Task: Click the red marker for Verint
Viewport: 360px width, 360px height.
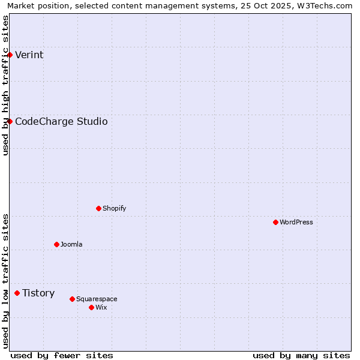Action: coord(10,55)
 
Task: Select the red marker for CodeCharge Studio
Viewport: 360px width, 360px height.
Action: coord(10,121)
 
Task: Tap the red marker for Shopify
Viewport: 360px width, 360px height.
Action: coord(98,208)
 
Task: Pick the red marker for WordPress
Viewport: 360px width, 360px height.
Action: coord(275,222)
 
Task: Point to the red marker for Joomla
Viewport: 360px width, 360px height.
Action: coord(56,244)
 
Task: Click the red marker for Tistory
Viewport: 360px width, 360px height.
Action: coord(17,293)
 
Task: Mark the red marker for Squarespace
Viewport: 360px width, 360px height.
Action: coord(72,299)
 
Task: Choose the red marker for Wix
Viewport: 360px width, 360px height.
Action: coord(91,307)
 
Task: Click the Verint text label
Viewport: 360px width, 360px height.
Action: coord(29,55)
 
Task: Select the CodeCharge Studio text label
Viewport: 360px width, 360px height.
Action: coord(61,122)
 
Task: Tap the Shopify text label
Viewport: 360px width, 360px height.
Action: coord(114,209)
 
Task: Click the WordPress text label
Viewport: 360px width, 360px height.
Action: coord(296,223)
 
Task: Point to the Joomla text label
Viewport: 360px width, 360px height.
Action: coord(71,245)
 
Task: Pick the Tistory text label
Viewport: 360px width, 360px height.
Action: coord(38,293)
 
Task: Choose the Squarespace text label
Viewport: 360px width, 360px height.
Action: coord(97,299)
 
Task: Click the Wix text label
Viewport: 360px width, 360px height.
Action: coord(101,308)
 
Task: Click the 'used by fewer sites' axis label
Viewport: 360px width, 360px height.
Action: coord(62,355)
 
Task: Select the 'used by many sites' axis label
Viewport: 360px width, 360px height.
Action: coord(301,355)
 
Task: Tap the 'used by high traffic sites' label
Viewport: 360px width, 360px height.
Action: coord(6,85)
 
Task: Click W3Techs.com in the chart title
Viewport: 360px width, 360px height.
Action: coord(323,5)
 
